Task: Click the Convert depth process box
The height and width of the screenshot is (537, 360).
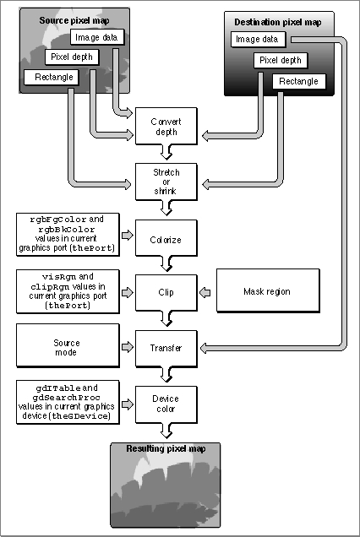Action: (x=166, y=126)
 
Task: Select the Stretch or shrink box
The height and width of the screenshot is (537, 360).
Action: (x=166, y=182)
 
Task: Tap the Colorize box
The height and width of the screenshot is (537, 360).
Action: (x=166, y=238)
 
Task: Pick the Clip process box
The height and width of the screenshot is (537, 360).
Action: (x=166, y=293)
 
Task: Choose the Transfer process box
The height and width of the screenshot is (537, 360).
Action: (x=166, y=349)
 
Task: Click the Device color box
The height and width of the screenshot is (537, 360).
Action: (x=166, y=404)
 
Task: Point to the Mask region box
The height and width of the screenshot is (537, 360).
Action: (x=268, y=290)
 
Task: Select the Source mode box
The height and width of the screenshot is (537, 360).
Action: (x=68, y=345)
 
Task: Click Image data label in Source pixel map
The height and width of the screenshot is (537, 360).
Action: (x=97, y=37)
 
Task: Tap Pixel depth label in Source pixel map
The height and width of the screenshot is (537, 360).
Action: (x=72, y=57)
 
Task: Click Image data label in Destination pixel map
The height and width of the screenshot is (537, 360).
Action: (x=258, y=39)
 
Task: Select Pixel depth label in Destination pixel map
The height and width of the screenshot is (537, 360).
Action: (x=281, y=61)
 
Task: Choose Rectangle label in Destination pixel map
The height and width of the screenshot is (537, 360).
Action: (x=298, y=82)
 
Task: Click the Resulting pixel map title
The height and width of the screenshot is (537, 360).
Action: (x=166, y=448)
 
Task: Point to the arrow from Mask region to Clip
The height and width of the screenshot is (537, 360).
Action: (x=205, y=293)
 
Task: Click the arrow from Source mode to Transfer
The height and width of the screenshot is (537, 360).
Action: (x=128, y=347)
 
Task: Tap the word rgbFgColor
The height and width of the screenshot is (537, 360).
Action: (x=58, y=220)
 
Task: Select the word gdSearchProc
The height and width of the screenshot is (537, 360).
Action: (x=67, y=398)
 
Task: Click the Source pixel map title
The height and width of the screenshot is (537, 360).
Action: (x=74, y=20)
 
